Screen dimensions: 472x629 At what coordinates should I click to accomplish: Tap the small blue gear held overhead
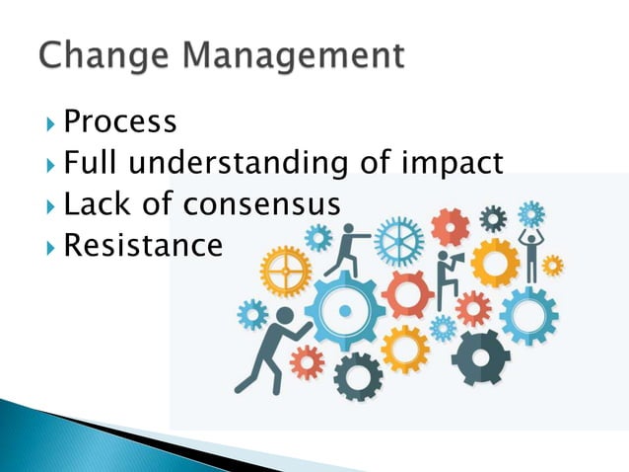click(x=531, y=213)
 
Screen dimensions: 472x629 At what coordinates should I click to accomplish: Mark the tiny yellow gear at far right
click(x=553, y=265)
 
